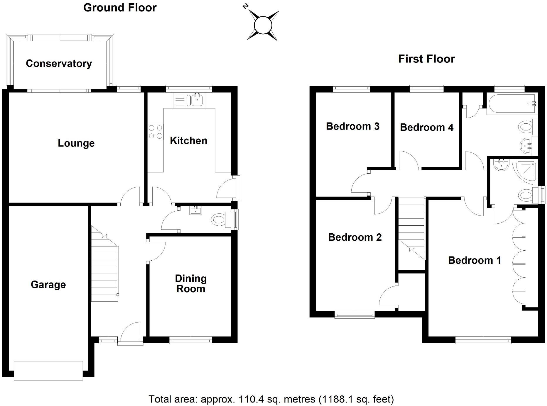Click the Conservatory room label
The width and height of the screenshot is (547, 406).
point(59,64)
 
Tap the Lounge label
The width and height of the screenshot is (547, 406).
point(76,143)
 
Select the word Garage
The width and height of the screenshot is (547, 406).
point(48,285)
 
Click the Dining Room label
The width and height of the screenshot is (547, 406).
point(191,283)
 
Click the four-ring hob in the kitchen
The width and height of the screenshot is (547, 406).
point(156,132)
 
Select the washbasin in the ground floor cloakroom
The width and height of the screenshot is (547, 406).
point(195,210)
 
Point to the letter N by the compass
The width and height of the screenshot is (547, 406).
point(245,6)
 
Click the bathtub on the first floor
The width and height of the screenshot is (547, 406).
point(512,103)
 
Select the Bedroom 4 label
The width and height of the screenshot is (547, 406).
point(427,128)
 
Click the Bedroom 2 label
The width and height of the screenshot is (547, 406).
point(355,237)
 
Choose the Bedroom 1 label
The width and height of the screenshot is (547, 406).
point(475,260)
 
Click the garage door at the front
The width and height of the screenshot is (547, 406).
point(48,371)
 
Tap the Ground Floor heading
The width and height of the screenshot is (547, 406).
point(120,8)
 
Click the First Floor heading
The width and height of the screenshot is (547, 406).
point(426,59)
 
